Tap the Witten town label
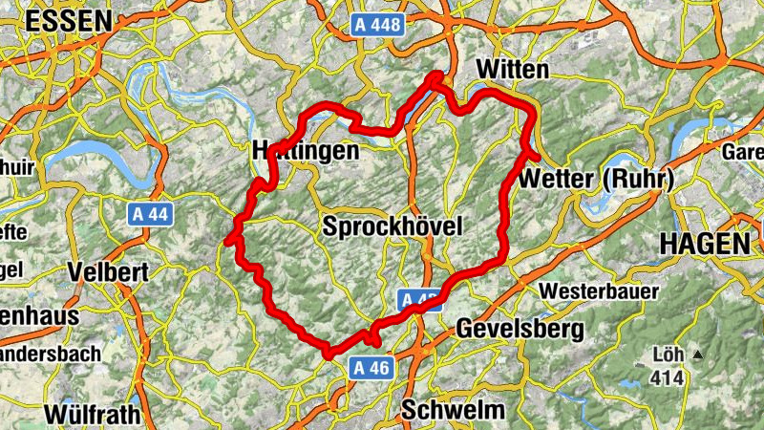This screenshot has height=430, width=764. click(512, 70)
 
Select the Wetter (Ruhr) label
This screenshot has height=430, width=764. click(598, 179)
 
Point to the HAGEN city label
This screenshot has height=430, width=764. click(706, 244)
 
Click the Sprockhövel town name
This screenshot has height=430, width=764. click(392, 226)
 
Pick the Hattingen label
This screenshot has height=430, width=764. click(306, 151)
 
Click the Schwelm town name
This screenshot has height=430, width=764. click(453, 409)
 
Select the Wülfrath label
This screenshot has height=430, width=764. click(92, 415)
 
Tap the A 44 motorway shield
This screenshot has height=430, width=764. click(150, 215)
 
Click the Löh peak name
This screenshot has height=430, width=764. click(668, 355)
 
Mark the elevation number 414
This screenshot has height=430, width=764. click(668, 378)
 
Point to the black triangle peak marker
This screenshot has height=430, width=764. click(698, 355)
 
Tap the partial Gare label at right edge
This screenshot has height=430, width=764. click(743, 153)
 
